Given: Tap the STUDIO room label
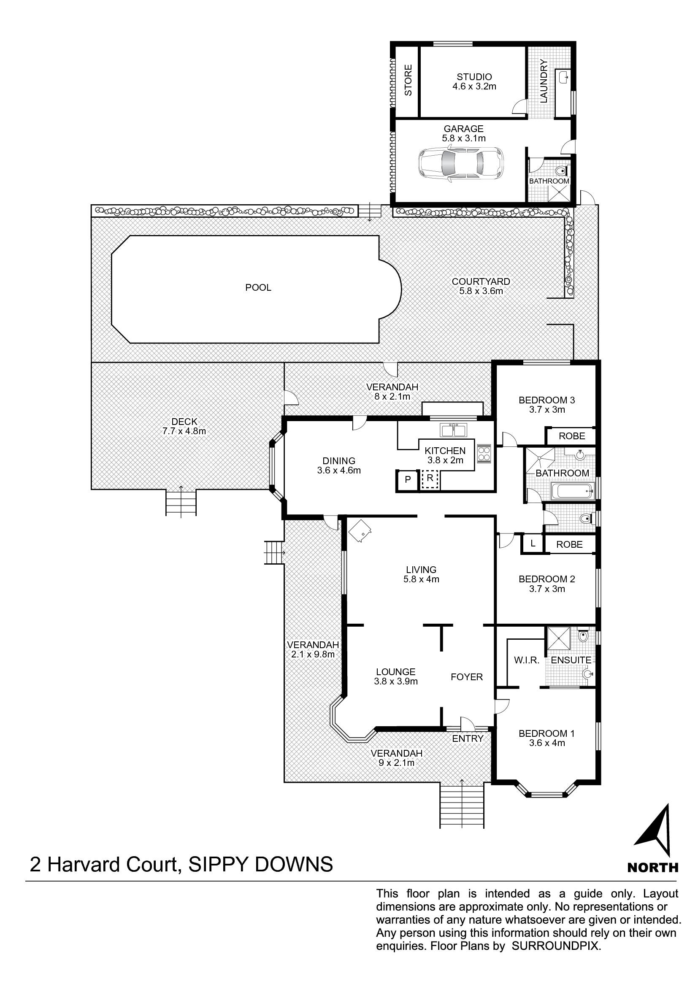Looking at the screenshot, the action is [474, 77].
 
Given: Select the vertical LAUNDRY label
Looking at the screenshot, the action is [544, 81].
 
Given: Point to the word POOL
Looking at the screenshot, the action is [258, 288].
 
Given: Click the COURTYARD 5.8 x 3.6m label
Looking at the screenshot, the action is [481, 286].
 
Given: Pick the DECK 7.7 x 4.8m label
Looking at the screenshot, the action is [184, 427].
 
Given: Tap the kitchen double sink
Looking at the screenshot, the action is [453, 430].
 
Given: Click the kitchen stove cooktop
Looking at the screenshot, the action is [484, 453].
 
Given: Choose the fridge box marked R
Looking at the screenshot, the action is [429, 480].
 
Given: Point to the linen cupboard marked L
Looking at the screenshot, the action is [533, 544].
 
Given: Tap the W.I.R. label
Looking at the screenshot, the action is [527, 660].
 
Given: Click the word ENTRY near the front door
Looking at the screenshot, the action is [468, 738].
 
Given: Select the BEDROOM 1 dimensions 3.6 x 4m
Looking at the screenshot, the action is [546, 743].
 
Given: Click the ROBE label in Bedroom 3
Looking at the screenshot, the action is [572, 436].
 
